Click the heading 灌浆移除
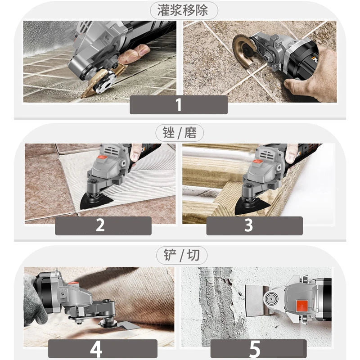coord(182,10)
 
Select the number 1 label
coord(179,104)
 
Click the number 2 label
coord(103,225)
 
